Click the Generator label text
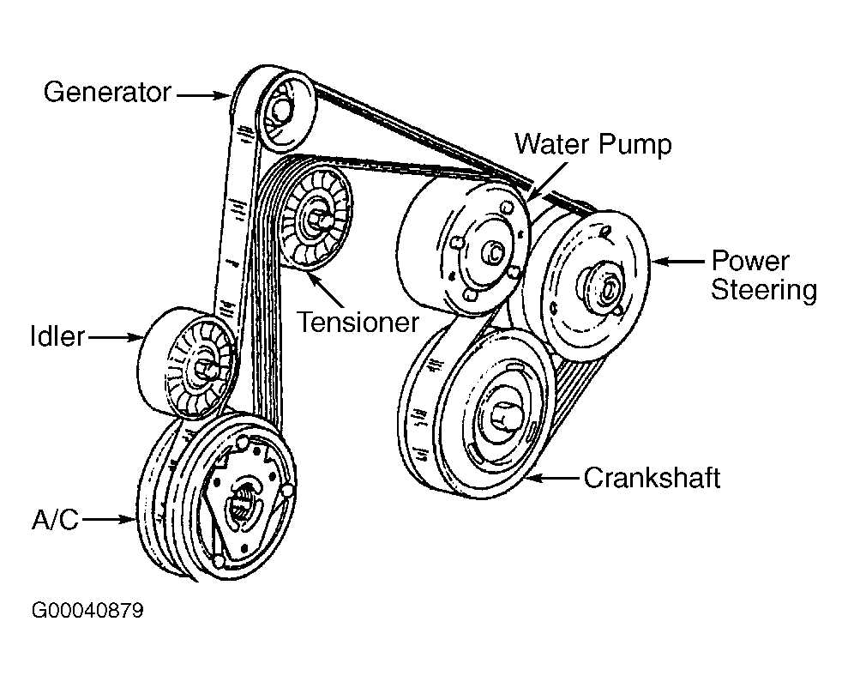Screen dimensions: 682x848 point(107,93)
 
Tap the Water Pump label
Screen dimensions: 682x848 point(592,142)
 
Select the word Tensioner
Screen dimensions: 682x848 point(358,322)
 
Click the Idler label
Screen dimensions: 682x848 point(57,337)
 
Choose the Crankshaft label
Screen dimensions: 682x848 point(652,478)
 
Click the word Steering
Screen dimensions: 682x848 point(764,290)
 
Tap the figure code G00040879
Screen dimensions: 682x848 point(87,611)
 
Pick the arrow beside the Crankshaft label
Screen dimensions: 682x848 point(553,479)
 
